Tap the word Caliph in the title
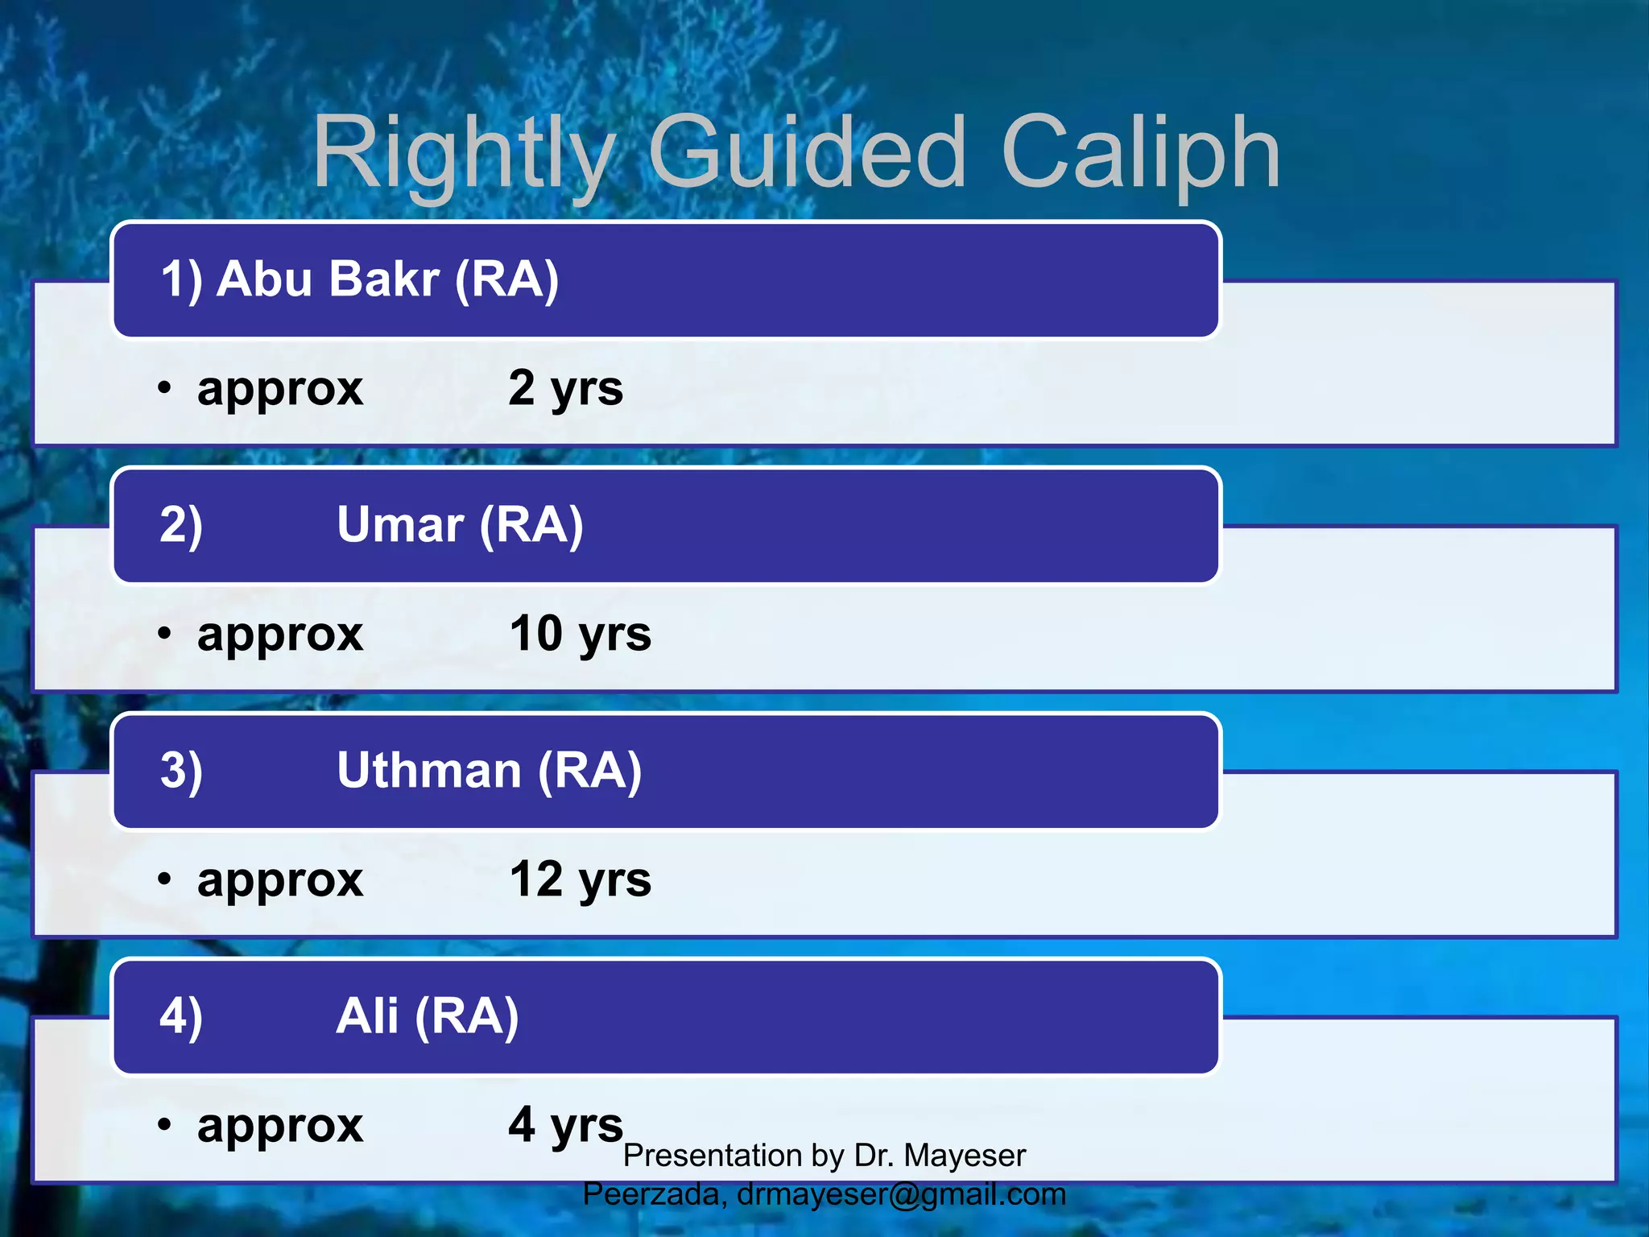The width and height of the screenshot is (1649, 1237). tap(1139, 153)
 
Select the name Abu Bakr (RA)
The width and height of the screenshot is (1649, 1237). tap(386, 279)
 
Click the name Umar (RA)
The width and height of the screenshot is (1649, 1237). tap(460, 525)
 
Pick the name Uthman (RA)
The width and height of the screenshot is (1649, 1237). tap(489, 771)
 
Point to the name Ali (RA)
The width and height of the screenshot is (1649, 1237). tap(428, 1016)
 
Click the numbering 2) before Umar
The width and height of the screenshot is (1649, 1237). tap(181, 525)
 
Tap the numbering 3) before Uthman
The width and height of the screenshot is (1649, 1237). tap(181, 771)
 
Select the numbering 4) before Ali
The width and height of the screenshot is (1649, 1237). tap(181, 1016)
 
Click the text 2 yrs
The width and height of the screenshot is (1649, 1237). tap(565, 389)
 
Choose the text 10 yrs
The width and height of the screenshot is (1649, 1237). tap(580, 635)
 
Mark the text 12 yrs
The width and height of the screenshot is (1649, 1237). tap(580, 880)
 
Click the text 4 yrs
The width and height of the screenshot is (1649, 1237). tap(565, 1126)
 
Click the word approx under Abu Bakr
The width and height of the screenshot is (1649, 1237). tap(280, 391)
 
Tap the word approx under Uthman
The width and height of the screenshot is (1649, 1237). tap(280, 882)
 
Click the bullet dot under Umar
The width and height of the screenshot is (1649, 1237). tap(164, 635)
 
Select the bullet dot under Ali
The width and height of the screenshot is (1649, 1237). tap(164, 1125)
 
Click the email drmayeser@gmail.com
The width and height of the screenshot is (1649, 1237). tap(901, 1194)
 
